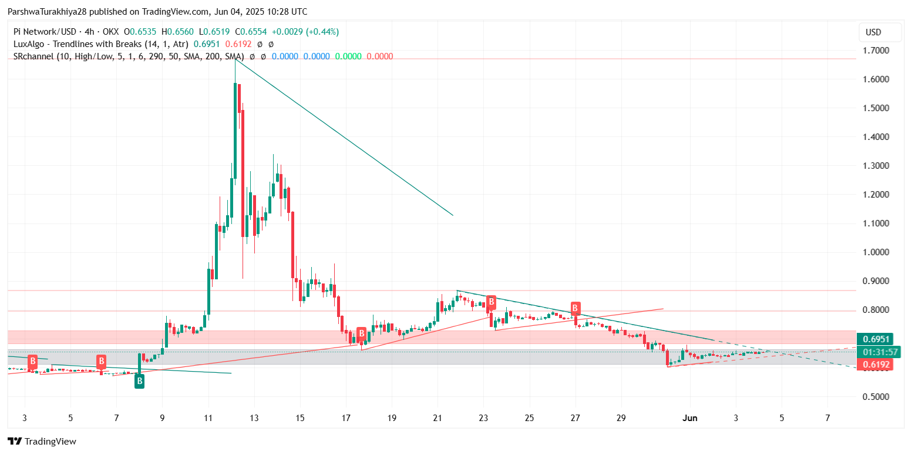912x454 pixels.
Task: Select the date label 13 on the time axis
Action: pyautogui.click(x=254, y=418)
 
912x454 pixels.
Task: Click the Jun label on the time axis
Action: pyautogui.click(x=690, y=418)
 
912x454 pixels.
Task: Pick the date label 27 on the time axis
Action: pyautogui.click(x=575, y=418)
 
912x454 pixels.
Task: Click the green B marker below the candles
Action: pyautogui.click(x=139, y=381)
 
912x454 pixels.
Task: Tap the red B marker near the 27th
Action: pyautogui.click(x=576, y=308)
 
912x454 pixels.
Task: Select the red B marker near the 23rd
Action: pyautogui.click(x=491, y=302)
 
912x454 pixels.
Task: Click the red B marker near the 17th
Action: pyautogui.click(x=362, y=333)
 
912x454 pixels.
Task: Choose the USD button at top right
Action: pyautogui.click(x=873, y=32)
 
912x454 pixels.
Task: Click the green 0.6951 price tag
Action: pyautogui.click(x=875, y=339)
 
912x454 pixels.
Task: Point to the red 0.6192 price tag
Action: pyautogui.click(x=875, y=365)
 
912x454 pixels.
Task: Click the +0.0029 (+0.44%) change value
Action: pyautogui.click(x=308, y=32)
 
